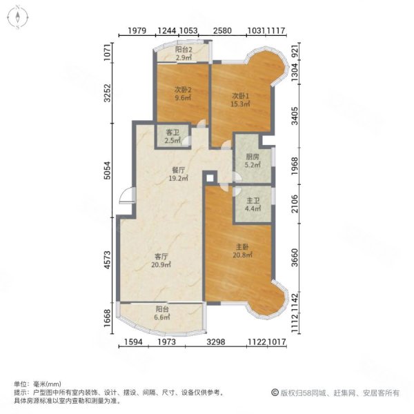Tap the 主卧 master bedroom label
[x=241, y=246]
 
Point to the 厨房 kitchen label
[x=253, y=156]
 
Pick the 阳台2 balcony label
[x=184, y=49]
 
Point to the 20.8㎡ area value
[x=241, y=255]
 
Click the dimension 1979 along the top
[x=138, y=30]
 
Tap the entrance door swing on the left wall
[x=125, y=198]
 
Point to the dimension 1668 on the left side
[x=108, y=319]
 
